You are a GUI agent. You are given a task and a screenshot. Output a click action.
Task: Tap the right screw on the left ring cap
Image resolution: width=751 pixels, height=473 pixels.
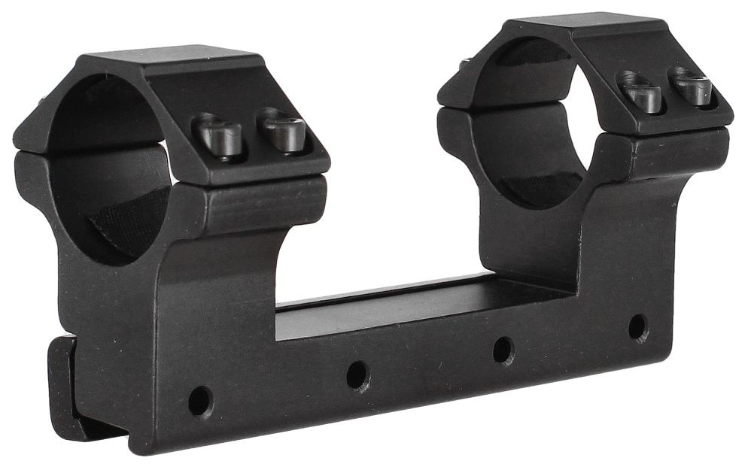[x=283, y=130]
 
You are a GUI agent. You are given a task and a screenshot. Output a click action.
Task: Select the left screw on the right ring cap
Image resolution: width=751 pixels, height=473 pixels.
[x=641, y=92]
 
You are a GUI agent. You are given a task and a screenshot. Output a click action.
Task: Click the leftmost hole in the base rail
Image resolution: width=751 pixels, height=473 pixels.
[x=200, y=400]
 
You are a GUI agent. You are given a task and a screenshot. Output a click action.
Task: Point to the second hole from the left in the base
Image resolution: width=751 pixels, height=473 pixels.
[x=357, y=375]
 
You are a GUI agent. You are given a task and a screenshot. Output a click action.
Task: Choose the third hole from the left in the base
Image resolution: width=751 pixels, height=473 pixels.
[x=503, y=350]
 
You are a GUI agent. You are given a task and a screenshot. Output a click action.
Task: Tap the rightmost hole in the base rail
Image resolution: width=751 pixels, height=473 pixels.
[x=638, y=327]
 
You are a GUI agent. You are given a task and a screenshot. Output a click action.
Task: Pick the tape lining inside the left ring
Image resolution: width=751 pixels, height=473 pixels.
[x=128, y=226]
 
